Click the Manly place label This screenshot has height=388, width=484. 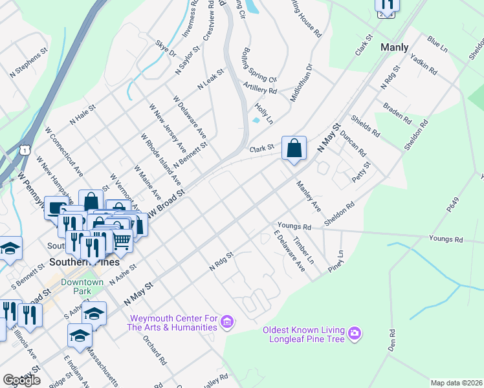[x=394, y=47]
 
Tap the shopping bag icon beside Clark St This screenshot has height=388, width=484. [x=294, y=148]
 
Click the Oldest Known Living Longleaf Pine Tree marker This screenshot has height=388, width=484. [x=354, y=334]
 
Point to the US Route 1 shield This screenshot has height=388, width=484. [x=25, y=150]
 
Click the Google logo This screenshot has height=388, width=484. [x=21, y=380]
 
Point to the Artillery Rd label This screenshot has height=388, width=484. [x=259, y=88]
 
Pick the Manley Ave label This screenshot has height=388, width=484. [x=309, y=197]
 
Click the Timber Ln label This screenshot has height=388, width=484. [x=303, y=250]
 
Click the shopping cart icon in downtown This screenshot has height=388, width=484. [x=122, y=241]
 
